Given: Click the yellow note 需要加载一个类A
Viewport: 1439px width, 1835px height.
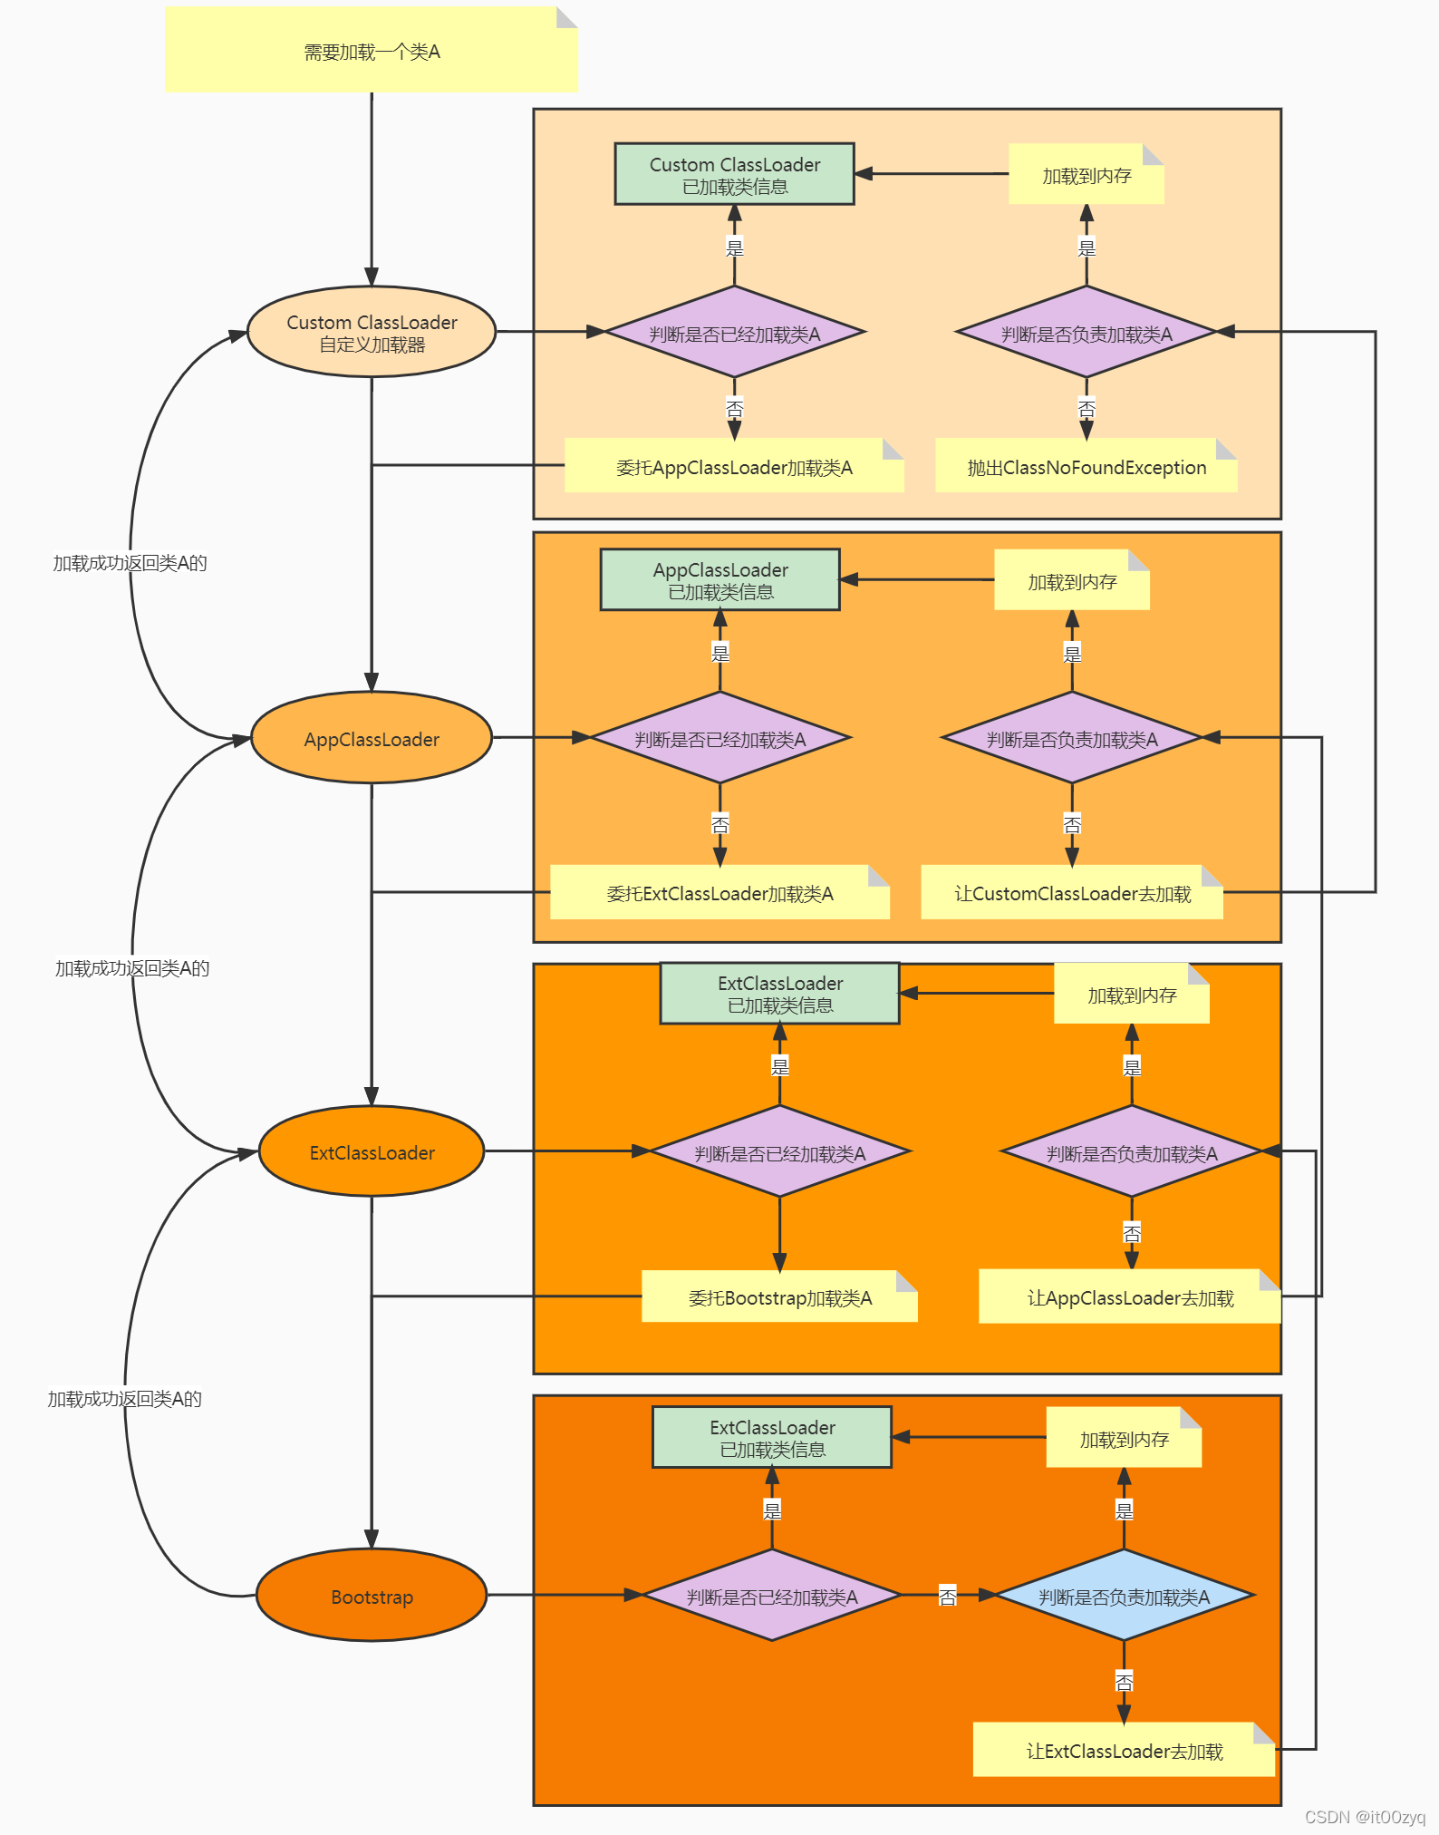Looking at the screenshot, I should point(372,51).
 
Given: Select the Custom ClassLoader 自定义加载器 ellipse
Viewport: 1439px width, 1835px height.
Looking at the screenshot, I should point(372,333).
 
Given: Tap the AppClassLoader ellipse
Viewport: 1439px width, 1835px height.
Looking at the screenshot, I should point(372,739).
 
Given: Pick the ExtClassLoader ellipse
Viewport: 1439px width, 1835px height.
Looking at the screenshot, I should point(372,1152).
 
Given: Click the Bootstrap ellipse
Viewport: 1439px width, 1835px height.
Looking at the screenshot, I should point(372,1597).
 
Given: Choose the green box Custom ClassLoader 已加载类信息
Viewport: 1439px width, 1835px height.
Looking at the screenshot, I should point(734,174).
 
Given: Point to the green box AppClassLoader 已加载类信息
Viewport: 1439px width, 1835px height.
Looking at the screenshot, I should point(720,580).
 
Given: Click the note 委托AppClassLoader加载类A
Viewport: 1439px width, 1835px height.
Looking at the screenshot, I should point(734,467).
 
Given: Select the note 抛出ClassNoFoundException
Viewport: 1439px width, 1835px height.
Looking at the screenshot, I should point(1086,467).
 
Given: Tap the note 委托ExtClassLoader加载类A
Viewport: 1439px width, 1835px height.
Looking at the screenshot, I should point(719,893).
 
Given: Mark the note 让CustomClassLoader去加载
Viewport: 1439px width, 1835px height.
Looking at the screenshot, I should point(1072,893).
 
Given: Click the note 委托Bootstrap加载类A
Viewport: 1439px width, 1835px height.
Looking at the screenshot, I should point(779,1297).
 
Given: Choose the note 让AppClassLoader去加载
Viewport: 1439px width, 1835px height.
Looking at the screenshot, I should point(1130,1297).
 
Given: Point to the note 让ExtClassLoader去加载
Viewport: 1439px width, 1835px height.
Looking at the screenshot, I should point(1124,1751).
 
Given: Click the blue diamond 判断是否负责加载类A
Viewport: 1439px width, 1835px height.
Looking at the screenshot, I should point(1124,1597).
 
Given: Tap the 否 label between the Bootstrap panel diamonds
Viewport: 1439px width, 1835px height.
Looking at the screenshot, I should point(947,1597).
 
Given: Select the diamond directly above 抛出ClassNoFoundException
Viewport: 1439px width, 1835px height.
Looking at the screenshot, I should point(1086,333).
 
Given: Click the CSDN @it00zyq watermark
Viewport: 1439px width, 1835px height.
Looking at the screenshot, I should point(1365,1817).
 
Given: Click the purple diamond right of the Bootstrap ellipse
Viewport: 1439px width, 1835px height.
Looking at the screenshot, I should point(772,1597).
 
